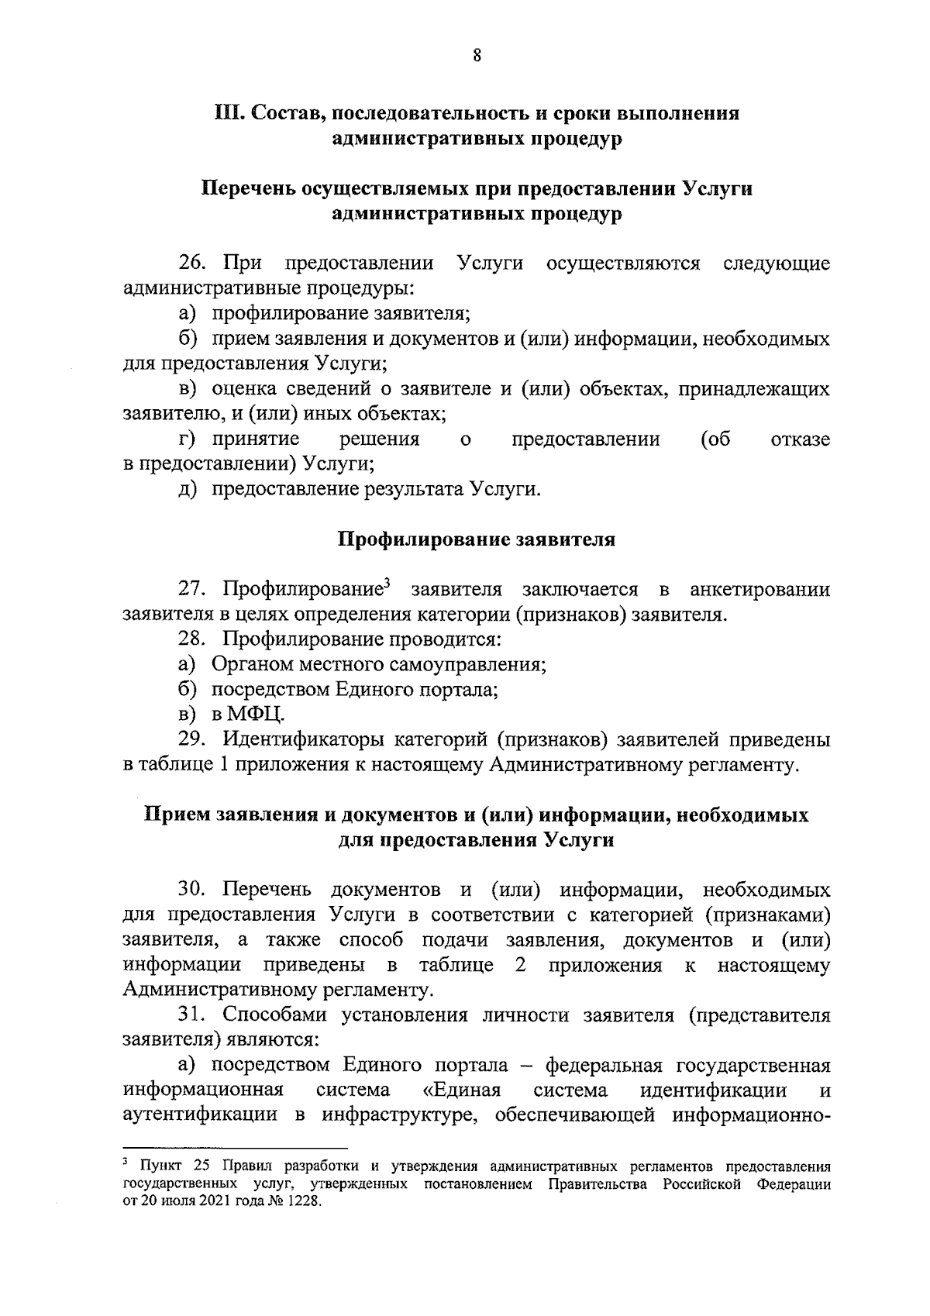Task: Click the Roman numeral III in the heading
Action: pyautogui.click(x=227, y=114)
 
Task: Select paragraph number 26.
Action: pyautogui.click(x=191, y=264)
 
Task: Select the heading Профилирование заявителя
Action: pyautogui.click(x=477, y=539)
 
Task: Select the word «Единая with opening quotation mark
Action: pyautogui.click(x=463, y=1090)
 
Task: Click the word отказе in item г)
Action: pyautogui.click(x=801, y=439)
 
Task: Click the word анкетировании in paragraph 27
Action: pyautogui.click(x=759, y=590)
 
